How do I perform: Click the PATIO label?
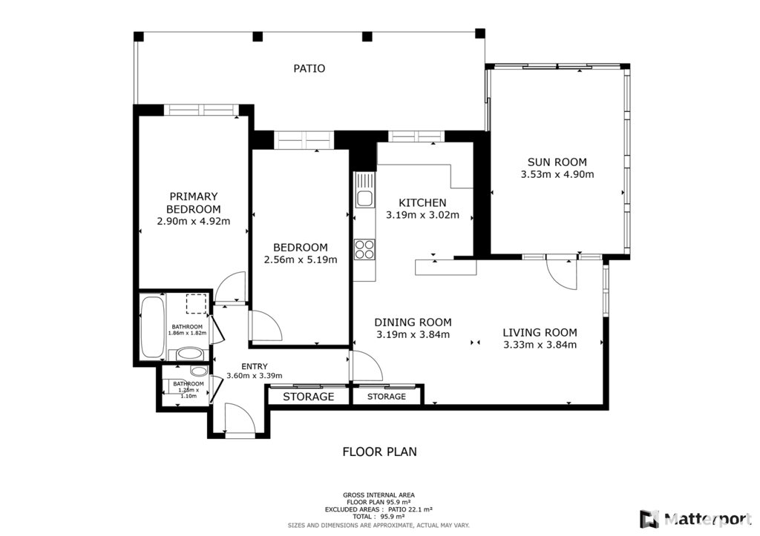coord(309,69)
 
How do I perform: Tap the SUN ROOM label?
coord(557,162)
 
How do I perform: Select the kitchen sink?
coord(364,198)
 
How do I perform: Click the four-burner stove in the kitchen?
coord(364,250)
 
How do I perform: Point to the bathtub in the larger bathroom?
coord(153,326)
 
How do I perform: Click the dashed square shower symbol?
coord(196,304)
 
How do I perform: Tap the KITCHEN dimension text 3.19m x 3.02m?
coord(422,215)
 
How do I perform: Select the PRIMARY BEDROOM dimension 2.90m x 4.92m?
coord(194,222)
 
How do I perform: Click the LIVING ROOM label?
coord(540,333)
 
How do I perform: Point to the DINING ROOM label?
coord(413,322)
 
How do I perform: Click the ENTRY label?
coord(255,366)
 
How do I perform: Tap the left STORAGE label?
coord(309,397)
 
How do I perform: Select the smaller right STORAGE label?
coord(386,397)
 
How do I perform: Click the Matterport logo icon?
coord(649,520)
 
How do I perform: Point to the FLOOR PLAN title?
coord(379,451)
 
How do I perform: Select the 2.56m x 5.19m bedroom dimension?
coord(301,260)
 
